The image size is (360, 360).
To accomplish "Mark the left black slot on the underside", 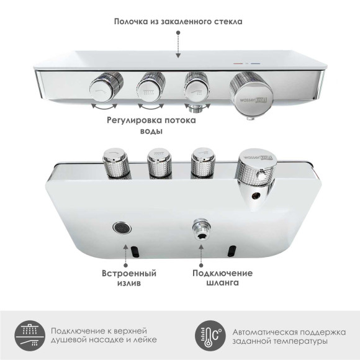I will click(x=134, y=251).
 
